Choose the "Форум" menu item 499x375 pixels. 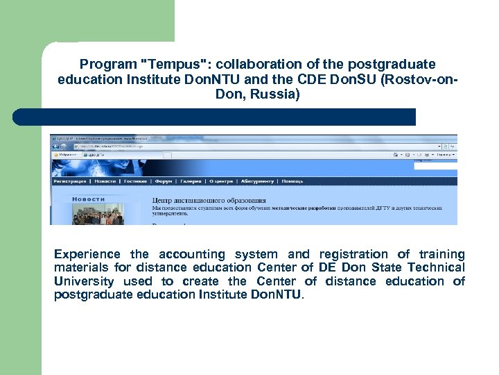[164, 181]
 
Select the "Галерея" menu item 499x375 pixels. [191, 181]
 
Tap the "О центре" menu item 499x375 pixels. [221, 181]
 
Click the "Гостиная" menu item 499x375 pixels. [135, 181]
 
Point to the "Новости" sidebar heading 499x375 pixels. [88, 199]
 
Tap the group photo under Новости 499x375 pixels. [97, 216]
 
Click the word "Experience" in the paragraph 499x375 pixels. [87, 255]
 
